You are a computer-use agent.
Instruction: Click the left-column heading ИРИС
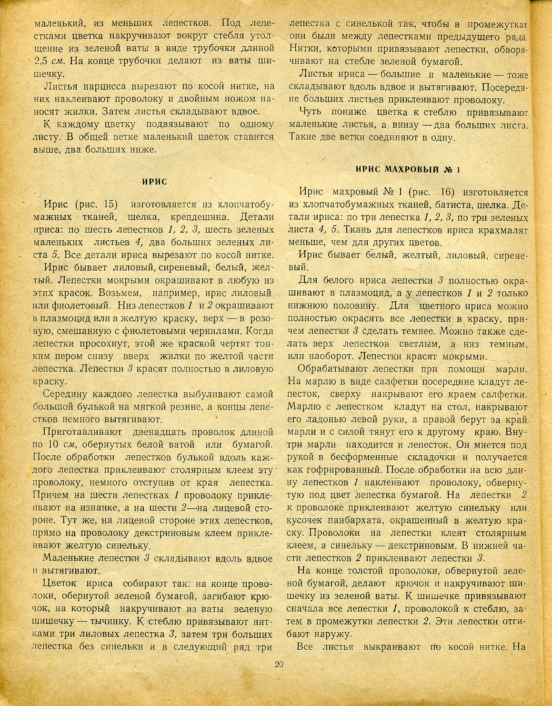pyautogui.click(x=155, y=181)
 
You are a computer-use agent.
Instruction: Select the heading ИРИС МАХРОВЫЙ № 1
pyautogui.click(x=408, y=169)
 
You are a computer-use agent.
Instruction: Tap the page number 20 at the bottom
pyautogui.click(x=279, y=665)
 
